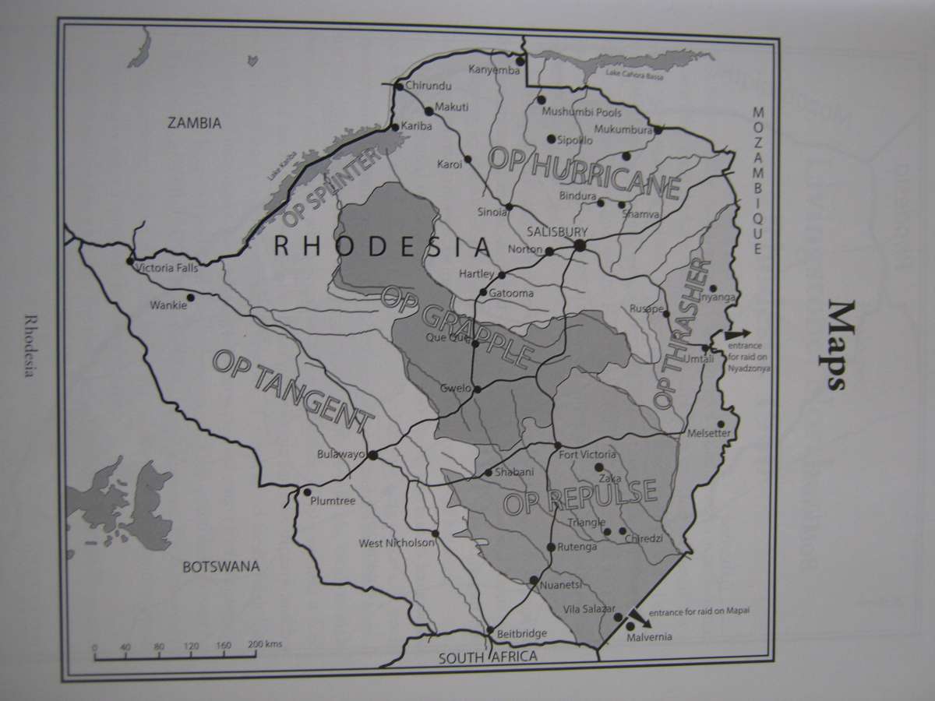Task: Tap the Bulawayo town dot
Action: [372, 456]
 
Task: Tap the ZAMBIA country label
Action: [195, 123]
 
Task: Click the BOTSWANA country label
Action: [221, 566]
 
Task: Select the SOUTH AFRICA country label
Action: [488, 657]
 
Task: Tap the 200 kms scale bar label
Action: [265, 646]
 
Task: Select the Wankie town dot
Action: [190, 297]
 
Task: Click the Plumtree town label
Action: [333, 501]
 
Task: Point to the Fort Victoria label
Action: [589, 455]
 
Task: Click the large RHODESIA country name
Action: [383, 248]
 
